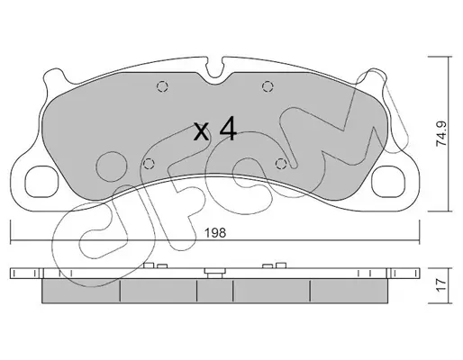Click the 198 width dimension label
point(214,233)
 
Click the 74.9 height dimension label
point(441,133)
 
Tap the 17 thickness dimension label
point(441,285)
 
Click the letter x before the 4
point(201,132)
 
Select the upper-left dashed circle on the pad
point(162,86)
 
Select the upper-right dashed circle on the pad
point(268,86)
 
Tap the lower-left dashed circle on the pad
point(149,164)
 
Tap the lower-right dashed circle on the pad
point(280,164)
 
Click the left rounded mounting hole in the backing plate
point(41,182)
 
